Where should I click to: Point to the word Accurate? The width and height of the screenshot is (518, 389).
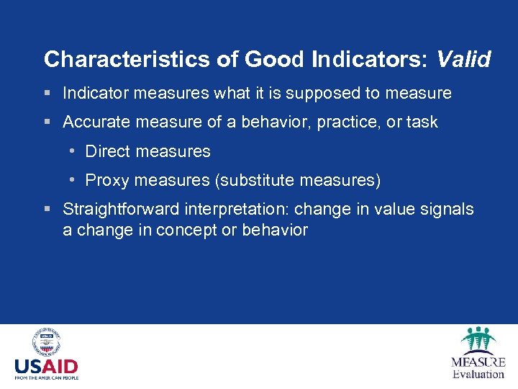[93, 122]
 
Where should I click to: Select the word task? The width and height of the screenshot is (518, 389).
[422, 122]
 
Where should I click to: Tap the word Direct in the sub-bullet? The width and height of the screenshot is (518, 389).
[107, 151]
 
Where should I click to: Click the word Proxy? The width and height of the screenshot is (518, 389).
[106, 180]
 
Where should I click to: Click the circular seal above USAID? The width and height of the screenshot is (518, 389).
[46, 342]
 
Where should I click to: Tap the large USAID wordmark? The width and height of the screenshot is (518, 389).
[46, 366]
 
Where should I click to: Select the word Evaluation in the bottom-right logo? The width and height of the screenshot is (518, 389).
[478, 374]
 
